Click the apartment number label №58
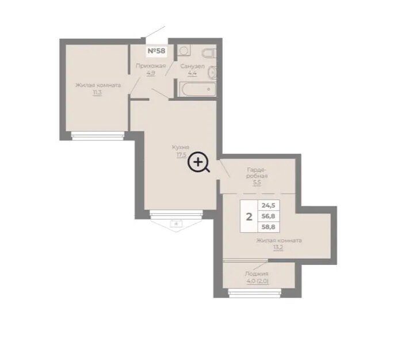[x=157, y=51]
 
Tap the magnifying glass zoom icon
[x=199, y=162]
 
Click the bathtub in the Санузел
[x=197, y=89]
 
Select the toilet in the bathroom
[x=209, y=54]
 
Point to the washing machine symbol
[x=184, y=50]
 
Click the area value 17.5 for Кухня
[x=181, y=154]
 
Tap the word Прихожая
[x=151, y=66]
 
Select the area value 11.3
[x=97, y=93]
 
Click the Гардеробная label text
[x=257, y=173]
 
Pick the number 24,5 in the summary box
[x=268, y=205]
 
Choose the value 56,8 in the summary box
[x=268, y=216]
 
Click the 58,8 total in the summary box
[x=268, y=227]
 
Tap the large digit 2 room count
[x=249, y=217]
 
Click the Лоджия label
[x=257, y=274]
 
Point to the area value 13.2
[x=279, y=248]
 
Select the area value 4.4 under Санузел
[x=192, y=73]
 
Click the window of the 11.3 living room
[x=97, y=135]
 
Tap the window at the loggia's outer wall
[x=254, y=293]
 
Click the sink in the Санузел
[x=212, y=73]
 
